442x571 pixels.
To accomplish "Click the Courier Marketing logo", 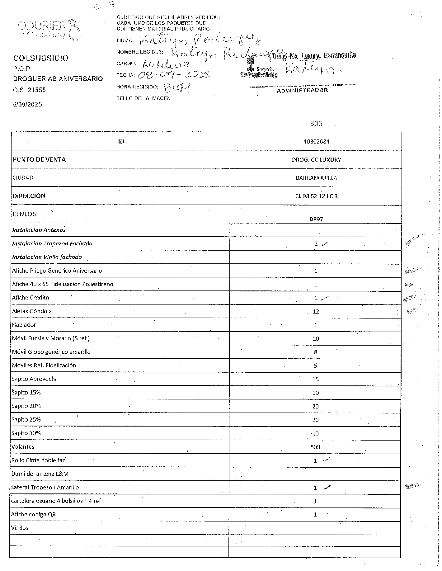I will [x=50, y=30].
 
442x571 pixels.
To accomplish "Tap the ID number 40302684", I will [x=316, y=141].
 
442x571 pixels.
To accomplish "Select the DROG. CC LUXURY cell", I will [x=316, y=160].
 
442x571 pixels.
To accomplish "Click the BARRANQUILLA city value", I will [x=316, y=178].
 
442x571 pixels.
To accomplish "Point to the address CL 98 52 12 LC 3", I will [x=316, y=196].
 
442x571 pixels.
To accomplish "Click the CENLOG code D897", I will [x=316, y=219].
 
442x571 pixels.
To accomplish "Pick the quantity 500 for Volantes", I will [x=315, y=447].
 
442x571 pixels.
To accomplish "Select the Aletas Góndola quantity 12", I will [x=316, y=311].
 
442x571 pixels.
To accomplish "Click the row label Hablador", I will [x=24, y=325].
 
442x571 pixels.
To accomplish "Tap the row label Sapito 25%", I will [x=26, y=420].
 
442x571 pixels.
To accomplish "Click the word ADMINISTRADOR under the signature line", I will [x=302, y=90].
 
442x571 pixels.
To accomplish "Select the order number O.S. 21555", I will [x=29, y=90].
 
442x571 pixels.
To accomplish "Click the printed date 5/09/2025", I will [x=27, y=105].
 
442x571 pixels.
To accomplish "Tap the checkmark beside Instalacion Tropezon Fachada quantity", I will [x=325, y=244].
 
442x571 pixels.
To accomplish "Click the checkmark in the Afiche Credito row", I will [x=325, y=298].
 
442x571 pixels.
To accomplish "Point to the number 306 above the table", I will [x=316, y=124].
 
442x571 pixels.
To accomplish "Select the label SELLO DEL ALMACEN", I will [x=143, y=98].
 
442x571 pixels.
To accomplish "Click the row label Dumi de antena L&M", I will [x=40, y=474].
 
